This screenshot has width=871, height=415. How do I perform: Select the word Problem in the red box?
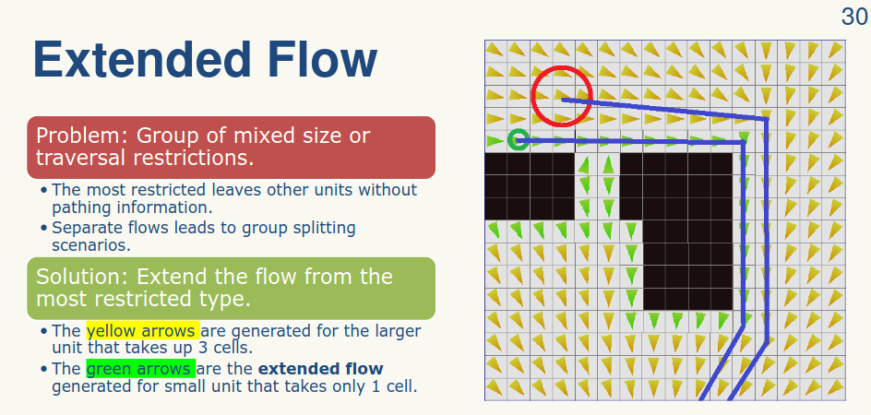78,136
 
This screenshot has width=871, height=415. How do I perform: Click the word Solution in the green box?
78,276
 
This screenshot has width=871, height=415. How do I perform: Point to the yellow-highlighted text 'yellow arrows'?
142,331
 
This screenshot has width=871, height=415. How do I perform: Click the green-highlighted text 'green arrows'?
139,369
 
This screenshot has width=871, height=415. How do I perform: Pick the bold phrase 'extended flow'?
320,369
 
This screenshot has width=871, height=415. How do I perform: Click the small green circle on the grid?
518,140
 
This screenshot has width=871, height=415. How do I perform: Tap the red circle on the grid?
561,96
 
